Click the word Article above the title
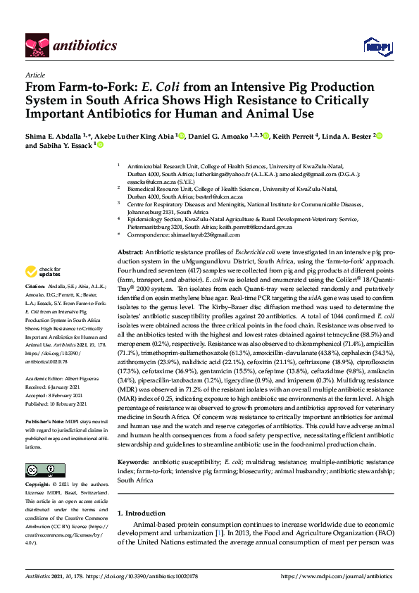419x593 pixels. (35, 74)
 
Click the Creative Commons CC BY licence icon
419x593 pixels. (41, 470)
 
